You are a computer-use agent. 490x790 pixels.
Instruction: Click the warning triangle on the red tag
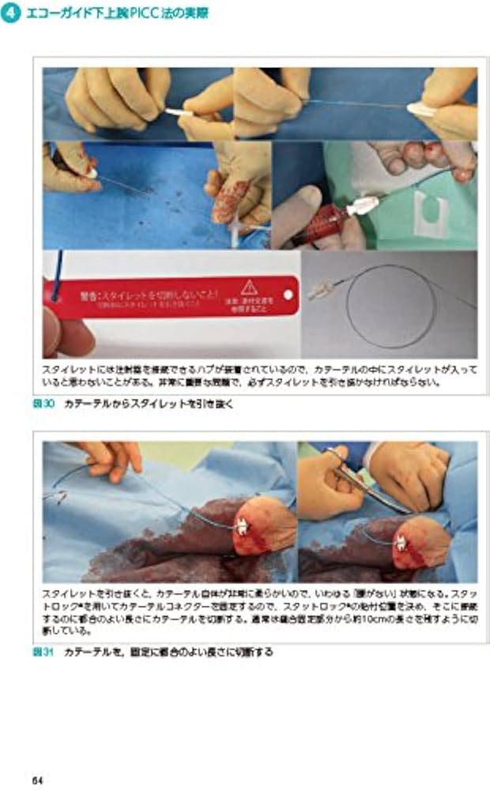[x=250, y=286]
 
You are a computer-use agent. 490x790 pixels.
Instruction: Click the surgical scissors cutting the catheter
[x=355, y=477]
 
